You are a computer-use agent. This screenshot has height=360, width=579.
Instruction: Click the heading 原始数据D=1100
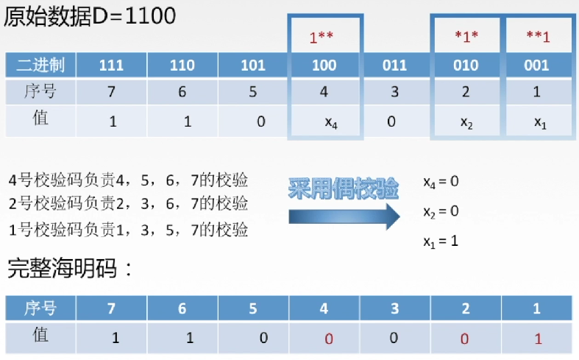pyautogui.click(x=90, y=16)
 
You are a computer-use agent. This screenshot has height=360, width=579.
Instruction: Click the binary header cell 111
pyautogui.click(x=111, y=66)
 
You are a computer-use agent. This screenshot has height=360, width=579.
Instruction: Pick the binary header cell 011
pyautogui.click(x=394, y=66)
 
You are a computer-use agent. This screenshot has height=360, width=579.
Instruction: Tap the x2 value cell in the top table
pyautogui.click(x=466, y=121)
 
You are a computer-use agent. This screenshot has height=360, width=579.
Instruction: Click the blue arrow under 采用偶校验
pyautogui.click(x=341, y=216)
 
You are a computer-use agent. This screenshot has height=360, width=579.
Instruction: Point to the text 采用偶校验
pyautogui.click(x=343, y=189)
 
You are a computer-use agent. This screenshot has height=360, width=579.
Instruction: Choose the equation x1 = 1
pyautogui.click(x=441, y=240)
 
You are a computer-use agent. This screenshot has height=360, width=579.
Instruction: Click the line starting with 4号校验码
pyautogui.click(x=128, y=180)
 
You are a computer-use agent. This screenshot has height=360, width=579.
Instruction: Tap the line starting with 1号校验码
pyautogui.click(x=128, y=229)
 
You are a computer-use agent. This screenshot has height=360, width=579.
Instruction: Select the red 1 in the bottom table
pyautogui.click(x=537, y=338)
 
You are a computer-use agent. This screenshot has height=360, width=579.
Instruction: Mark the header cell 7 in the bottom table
pyautogui.click(x=113, y=308)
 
